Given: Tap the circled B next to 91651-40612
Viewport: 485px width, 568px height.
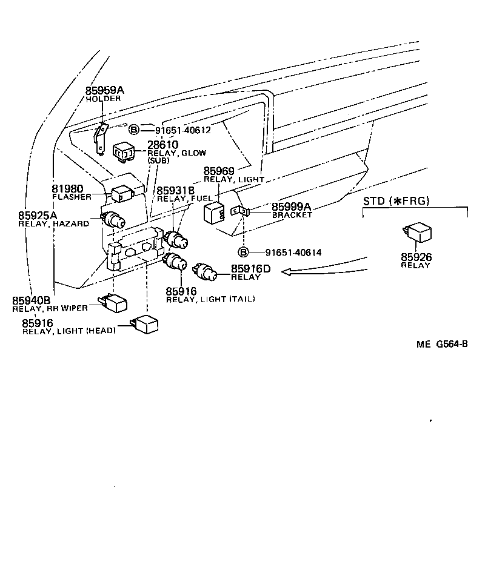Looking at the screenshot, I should pyautogui.click(x=134, y=129).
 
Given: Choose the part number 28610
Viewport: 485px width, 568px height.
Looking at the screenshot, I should pyautogui.click(x=162, y=145).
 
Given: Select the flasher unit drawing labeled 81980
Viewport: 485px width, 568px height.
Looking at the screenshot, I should pyautogui.click(x=122, y=193).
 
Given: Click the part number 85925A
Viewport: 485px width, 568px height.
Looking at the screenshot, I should pyautogui.click(x=38, y=215).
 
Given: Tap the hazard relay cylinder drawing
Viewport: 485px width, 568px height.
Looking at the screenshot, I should pyautogui.click(x=112, y=219).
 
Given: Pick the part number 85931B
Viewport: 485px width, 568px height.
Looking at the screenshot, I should pyautogui.click(x=176, y=190).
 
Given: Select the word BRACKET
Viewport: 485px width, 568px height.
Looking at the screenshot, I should pyautogui.click(x=292, y=215).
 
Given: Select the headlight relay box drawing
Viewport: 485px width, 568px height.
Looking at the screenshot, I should pyautogui.click(x=145, y=324).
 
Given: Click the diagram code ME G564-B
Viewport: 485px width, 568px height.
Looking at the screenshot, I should pyautogui.click(x=442, y=344).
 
